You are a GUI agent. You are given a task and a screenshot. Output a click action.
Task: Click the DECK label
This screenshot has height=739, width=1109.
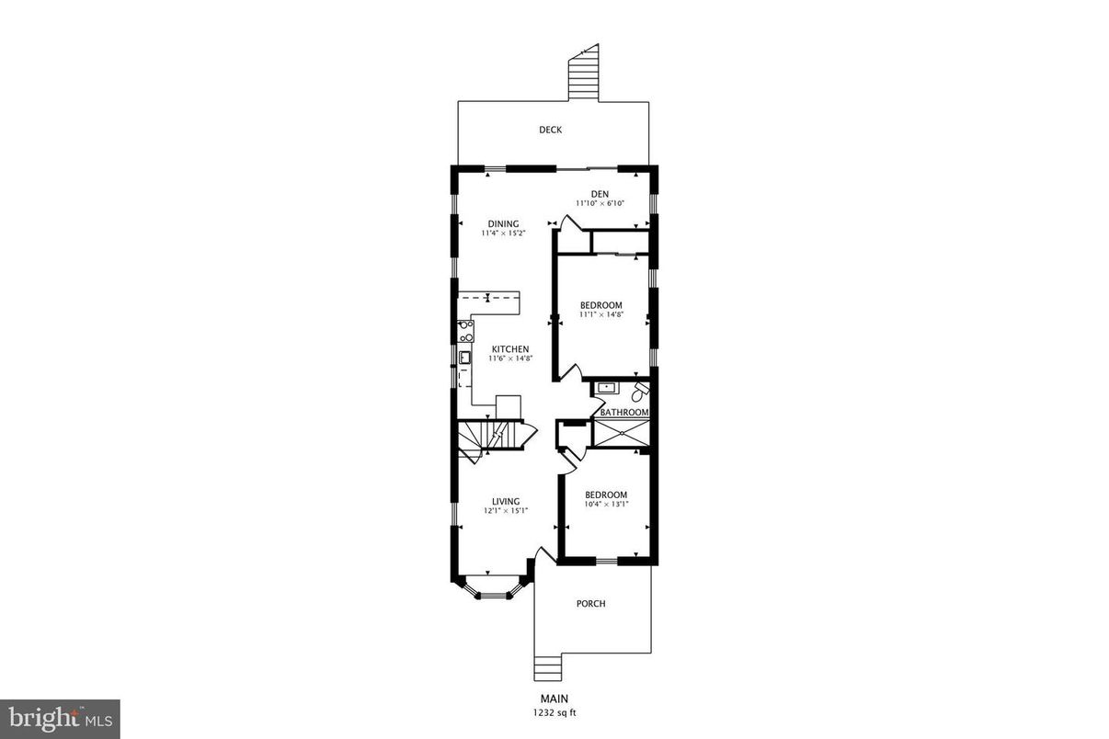click(550, 130)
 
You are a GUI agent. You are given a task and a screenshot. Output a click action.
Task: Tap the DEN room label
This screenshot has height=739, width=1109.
click(600, 193)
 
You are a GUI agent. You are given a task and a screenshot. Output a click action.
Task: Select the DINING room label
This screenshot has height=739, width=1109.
click(503, 223)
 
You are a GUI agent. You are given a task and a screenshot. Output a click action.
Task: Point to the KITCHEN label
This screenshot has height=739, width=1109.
click(509, 349)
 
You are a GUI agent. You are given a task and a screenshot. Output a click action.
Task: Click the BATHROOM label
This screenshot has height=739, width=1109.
click(624, 413)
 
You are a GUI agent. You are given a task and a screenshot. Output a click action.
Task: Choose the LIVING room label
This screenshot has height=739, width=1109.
click(505, 501)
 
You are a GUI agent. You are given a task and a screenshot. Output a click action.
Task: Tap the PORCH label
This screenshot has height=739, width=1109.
click(590, 604)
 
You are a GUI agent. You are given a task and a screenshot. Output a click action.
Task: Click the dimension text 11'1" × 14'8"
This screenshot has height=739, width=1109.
click(600, 315)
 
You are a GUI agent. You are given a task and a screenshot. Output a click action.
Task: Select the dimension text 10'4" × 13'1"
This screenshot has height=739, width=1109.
click(606, 504)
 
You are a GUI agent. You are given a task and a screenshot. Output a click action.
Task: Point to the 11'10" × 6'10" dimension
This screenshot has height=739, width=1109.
click(600, 203)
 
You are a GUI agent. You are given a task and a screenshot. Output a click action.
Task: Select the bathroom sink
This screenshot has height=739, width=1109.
click(606, 389)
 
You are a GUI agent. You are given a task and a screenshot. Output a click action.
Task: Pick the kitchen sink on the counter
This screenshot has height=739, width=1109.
click(465, 358)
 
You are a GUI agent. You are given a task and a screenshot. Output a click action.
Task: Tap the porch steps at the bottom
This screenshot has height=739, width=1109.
click(547, 665)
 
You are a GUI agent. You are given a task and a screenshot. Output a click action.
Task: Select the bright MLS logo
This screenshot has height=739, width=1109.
click(60, 719)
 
